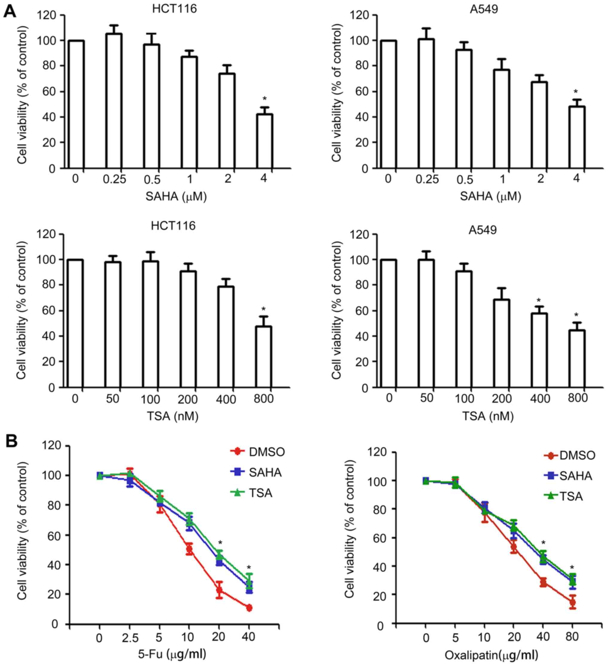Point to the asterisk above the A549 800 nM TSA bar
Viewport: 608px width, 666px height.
pos(577,315)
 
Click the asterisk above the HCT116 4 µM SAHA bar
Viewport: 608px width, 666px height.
pos(264,99)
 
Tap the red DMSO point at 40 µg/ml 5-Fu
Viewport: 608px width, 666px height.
pos(249,608)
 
